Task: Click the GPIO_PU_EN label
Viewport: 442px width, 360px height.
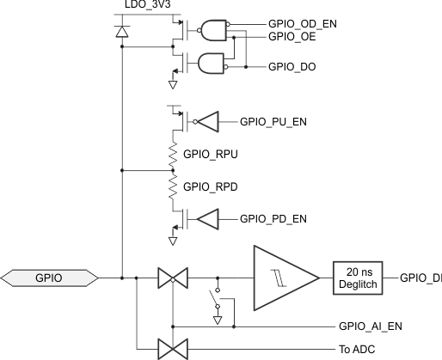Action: coord(273,121)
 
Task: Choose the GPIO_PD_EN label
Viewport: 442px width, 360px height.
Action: coord(273,219)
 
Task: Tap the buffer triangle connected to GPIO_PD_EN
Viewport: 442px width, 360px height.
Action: coord(209,220)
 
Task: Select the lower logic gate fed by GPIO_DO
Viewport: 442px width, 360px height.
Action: coord(211,65)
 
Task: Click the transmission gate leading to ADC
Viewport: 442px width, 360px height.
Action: coord(173,350)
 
